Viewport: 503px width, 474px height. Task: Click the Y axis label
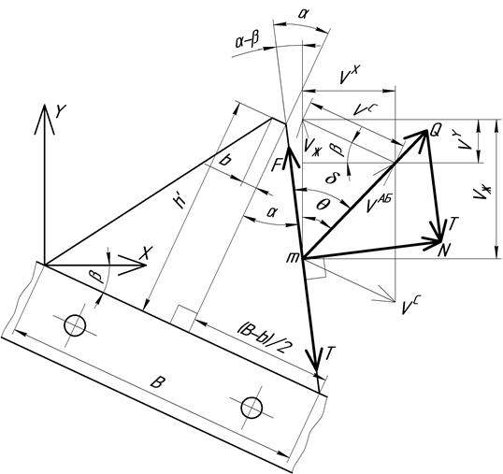pos(61,111)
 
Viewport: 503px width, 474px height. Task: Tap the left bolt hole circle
pos(75,325)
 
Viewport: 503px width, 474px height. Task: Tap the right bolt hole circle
pos(251,408)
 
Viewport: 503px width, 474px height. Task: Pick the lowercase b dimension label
pos(225,159)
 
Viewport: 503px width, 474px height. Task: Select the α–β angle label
pos(248,40)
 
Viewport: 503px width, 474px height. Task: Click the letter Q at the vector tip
pos(436,130)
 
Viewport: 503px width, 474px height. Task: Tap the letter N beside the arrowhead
pos(445,250)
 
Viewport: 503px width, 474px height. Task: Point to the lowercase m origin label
pos(293,257)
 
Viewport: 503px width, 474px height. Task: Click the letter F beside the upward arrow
pos(276,165)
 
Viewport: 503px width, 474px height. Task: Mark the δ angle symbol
pos(330,177)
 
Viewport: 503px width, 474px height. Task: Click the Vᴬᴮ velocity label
pos(379,204)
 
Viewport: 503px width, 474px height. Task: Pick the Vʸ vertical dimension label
pos(466,140)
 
